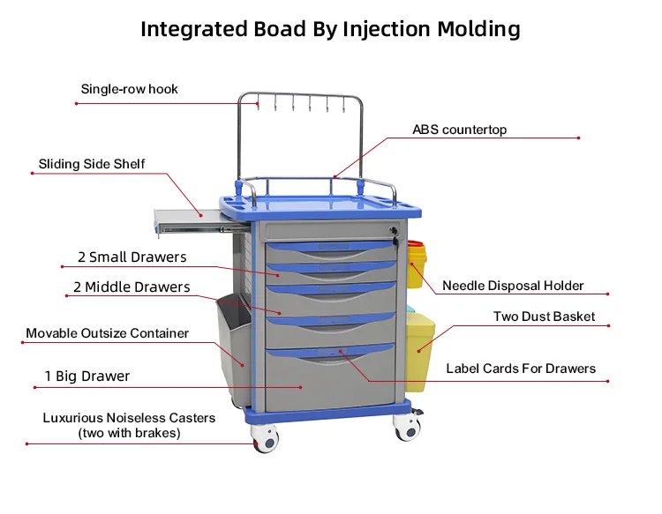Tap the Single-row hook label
pyautogui.click(x=130, y=89)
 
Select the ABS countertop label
pyautogui.click(x=459, y=130)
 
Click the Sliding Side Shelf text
pyautogui.click(x=92, y=164)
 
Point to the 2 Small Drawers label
pyautogui.click(x=132, y=257)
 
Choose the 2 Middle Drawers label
pyautogui.click(x=132, y=287)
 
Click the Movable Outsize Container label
pyautogui.click(x=107, y=333)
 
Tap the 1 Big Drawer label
pyautogui.click(x=87, y=376)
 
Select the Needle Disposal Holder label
pyautogui.click(x=513, y=286)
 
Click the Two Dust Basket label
pyautogui.click(x=544, y=317)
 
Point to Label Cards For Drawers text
pyautogui.click(x=521, y=369)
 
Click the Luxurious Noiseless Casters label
pyautogui.click(x=129, y=418)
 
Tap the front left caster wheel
pyautogui.click(x=266, y=439)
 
